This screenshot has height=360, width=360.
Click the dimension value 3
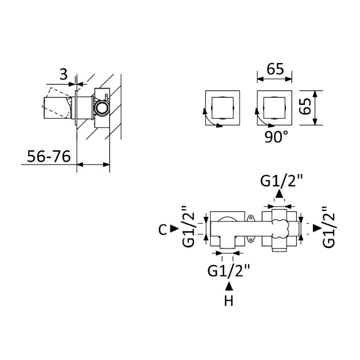coord(63,74)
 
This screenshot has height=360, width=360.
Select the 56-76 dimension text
coord(49,157)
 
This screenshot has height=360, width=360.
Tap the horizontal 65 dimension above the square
coord(275,69)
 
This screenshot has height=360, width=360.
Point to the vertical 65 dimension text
coord(306,106)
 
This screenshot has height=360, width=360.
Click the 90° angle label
coord(276,137)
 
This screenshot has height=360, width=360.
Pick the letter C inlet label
coord(162,229)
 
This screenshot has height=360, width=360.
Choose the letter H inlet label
coord(229,301)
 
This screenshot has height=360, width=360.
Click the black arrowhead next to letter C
coord(174,229)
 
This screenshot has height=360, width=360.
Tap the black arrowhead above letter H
coord(229,287)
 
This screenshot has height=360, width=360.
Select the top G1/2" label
coord(282,181)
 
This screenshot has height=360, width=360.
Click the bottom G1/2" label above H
coord(229,271)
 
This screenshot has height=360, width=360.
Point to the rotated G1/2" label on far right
coord(328,227)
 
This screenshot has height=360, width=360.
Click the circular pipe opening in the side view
coord(101,108)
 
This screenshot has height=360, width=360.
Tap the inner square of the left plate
coord(222,108)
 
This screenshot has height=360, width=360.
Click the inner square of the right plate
coord(274,108)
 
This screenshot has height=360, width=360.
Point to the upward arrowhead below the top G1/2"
coord(279,194)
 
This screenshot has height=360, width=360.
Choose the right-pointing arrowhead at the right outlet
coord(318,228)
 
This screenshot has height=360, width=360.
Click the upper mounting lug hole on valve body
coord(251,217)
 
